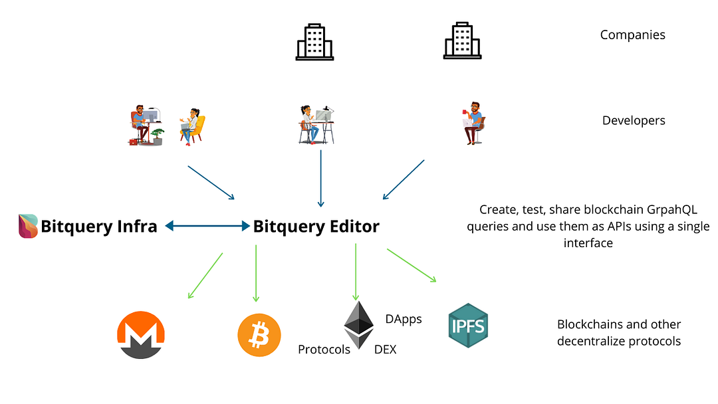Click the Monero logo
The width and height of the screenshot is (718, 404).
tap(140, 335)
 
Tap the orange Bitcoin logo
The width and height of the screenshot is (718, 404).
tap(259, 335)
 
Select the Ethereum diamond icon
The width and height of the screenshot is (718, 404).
tap(358, 325)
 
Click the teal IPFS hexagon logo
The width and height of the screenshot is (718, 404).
tap(468, 326)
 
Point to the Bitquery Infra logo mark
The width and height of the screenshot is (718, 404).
tap(28, 226)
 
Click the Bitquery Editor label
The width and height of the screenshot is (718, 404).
tap(316, 227)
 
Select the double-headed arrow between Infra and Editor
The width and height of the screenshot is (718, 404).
tap(207, 225)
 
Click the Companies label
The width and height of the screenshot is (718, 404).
tap(632, 35)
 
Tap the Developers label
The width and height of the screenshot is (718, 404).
tap(634, 120)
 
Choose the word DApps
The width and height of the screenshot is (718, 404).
tap(404, 319)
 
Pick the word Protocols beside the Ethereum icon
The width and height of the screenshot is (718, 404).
tap(324, 350)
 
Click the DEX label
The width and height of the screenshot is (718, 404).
tap(385, 350)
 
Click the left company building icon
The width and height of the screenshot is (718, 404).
tap(314, 42)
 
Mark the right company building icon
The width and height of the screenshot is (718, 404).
tap(463, 41)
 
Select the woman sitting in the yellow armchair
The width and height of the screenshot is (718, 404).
tap(192, 127)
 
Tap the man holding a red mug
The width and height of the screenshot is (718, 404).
tap(473, 123)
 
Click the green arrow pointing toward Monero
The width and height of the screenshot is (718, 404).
tap(205, 276)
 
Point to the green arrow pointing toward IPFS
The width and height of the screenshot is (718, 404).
tap(412, 265)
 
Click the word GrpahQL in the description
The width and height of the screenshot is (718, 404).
tap(671, 209)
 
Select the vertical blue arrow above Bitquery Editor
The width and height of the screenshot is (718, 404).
tap(320, 179)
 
